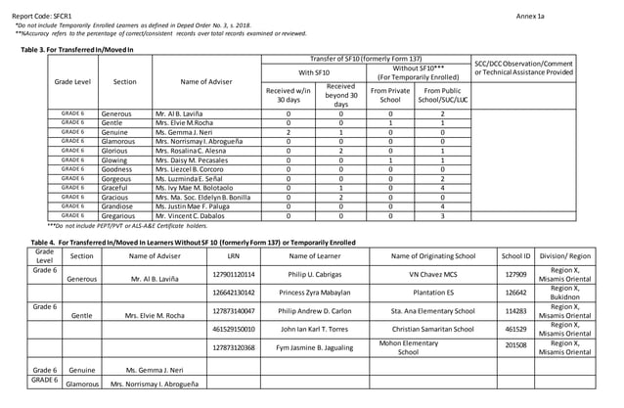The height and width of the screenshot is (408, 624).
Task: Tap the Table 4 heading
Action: [x=194, y=242]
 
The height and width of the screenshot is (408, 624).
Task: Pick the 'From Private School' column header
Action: [x=390, y=95]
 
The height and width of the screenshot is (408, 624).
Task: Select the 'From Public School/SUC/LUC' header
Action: [x=443, y=95]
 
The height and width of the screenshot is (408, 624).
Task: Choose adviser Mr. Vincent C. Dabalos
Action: [x=189, y=215]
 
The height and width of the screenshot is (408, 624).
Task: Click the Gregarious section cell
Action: [x=116, y=215]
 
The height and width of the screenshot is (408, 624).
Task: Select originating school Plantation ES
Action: [x=433, y=293]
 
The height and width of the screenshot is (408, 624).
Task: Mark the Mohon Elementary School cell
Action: [x=409, y=347]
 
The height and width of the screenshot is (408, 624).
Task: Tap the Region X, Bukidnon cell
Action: [x=565, y=293]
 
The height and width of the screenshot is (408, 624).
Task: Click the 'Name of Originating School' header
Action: [x=433, y=255]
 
